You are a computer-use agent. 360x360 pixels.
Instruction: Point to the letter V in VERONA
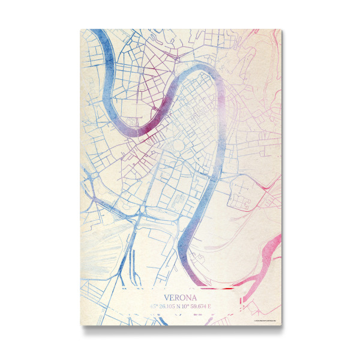(166, 297)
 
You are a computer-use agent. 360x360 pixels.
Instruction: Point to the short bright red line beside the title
(225, 288)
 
